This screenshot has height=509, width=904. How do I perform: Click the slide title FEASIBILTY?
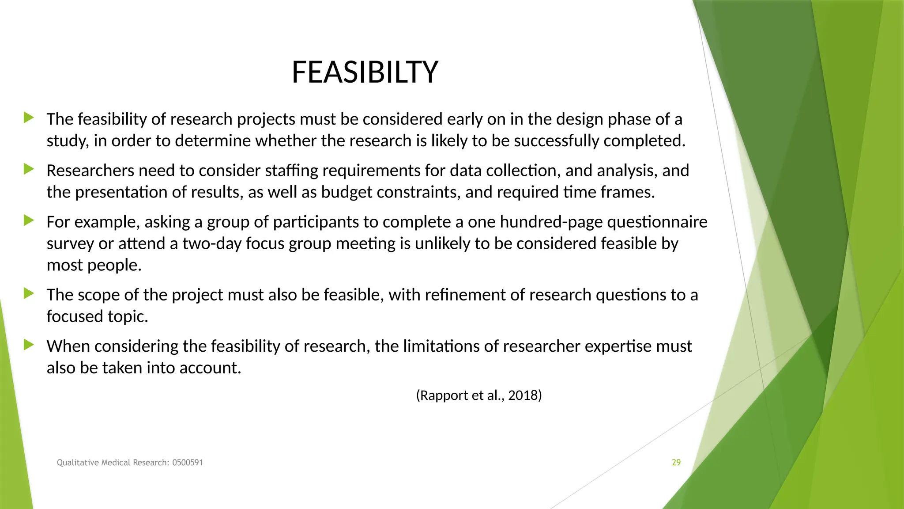tap(365, 72)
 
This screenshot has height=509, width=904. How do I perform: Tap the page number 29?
tap(676, 463)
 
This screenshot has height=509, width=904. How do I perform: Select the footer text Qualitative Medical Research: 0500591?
tap(130, 463)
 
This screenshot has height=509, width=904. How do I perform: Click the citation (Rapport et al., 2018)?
tap(479, 395)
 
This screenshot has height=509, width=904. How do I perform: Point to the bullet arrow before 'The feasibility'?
tap(29, 118)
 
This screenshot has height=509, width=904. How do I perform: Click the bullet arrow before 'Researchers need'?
tap(29, 169)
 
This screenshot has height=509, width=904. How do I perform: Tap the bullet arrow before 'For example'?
tap(29, 220)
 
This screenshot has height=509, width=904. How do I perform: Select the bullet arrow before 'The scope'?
tap(29, 293)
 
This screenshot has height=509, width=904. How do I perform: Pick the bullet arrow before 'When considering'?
tap(29, 344)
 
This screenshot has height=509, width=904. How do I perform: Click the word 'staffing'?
tap(292, 171)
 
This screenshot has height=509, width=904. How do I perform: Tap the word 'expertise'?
tap(618, 346)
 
